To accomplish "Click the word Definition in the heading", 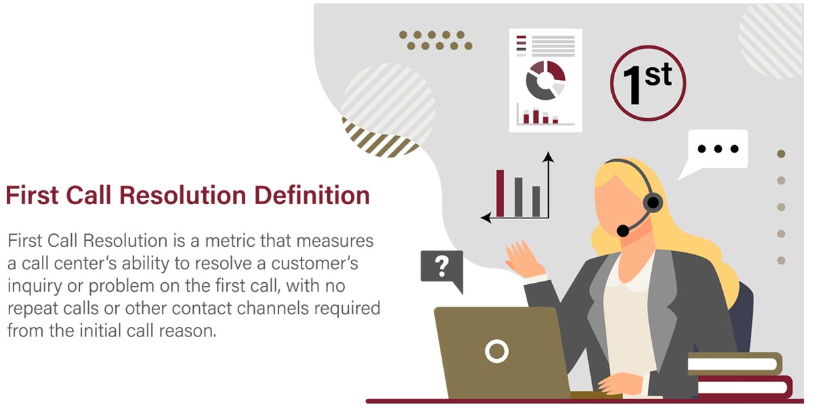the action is (312, 195).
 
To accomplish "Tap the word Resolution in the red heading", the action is (182, 195).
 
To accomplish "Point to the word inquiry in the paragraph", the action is (35, 286).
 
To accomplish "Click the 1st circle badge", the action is (648, 83).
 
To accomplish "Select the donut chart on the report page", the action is (545, 81).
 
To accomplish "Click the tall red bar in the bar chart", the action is (500, 193).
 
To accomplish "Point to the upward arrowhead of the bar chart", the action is (548, 157).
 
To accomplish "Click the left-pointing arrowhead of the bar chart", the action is (486, 218).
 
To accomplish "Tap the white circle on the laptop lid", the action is (497, 351).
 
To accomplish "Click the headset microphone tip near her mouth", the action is (623, 231).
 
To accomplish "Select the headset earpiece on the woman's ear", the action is (653, 203).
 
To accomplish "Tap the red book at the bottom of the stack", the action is (744, 387).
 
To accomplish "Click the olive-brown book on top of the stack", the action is (735, 364).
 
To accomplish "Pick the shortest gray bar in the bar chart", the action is (536, 201).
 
